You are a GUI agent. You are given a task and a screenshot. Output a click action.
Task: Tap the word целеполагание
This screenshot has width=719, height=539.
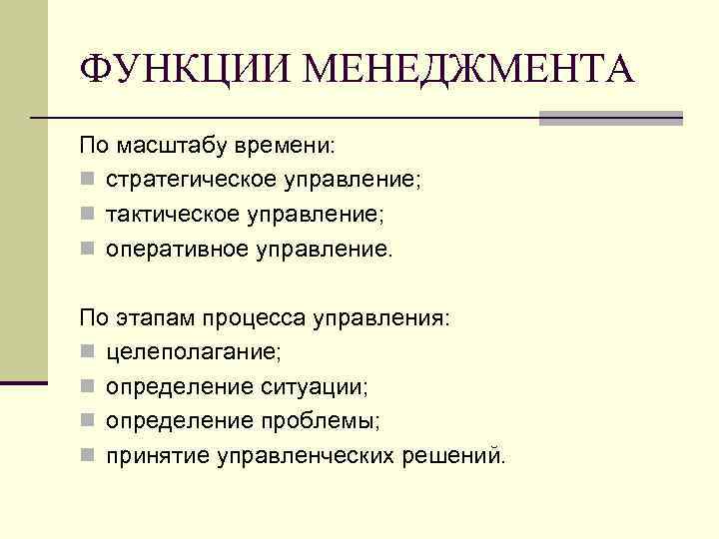(194, 352)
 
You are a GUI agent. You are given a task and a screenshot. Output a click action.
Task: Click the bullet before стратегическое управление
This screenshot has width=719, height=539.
(88, 182)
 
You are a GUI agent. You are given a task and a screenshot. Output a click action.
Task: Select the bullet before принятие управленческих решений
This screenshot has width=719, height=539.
(88, 457)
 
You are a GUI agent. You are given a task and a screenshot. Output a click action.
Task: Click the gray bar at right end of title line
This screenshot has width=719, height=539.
(610, 118)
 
